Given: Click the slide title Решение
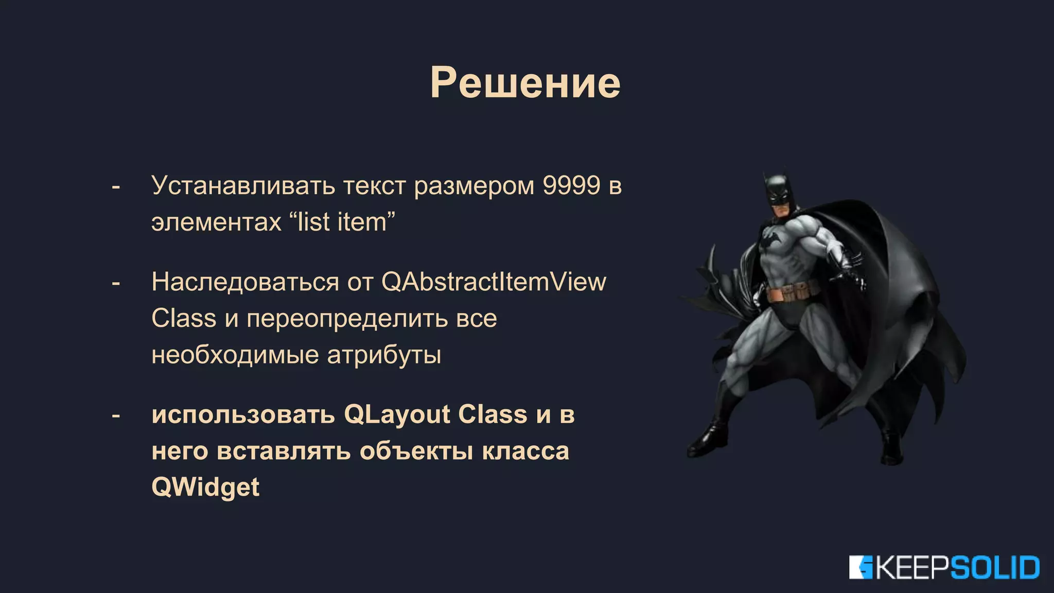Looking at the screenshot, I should coord(525,82).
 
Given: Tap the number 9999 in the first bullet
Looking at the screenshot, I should coord(571,185).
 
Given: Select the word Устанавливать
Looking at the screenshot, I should coord(243,185).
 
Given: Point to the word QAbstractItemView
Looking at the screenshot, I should coord(494,282).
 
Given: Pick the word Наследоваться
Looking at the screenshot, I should coord(245,282).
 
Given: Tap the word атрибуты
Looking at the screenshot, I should coord(384,355).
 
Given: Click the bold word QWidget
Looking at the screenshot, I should coord(205,487).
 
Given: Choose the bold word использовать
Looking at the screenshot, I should coord(243,414).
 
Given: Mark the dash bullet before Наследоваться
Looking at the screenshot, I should coord(116,283).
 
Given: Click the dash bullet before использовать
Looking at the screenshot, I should coord(116,415).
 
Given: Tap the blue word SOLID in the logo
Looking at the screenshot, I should coord(994,568).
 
